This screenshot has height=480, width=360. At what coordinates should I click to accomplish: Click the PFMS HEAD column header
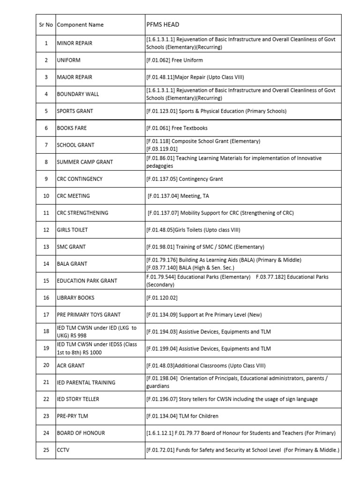pos(163,24)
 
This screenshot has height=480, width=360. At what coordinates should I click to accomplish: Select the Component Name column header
pos(80,25)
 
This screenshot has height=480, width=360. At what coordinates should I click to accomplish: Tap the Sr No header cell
pos(46,25)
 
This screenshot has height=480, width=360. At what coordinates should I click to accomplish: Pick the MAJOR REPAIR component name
pos(75,77)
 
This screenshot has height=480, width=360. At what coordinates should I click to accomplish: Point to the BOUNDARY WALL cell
pos(78,94)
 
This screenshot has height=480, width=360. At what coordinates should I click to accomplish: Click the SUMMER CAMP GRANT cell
pos(85,162)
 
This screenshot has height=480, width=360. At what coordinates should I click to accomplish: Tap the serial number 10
pos(46,196)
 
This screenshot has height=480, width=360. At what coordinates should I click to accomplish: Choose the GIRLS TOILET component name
pos(72,230)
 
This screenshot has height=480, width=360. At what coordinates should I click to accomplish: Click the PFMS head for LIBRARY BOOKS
pos(162,298)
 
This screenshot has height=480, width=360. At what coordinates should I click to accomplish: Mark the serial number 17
pos(46,315)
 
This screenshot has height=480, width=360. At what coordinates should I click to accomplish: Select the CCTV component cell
pos(63,450)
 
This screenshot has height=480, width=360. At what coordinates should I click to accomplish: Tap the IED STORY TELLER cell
pos(78,399)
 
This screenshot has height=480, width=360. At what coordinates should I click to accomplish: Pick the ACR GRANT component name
pos(71,366)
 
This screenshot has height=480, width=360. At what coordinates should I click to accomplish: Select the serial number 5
pos(46,111)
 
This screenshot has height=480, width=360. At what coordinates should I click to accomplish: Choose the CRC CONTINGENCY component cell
pos(80,179)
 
